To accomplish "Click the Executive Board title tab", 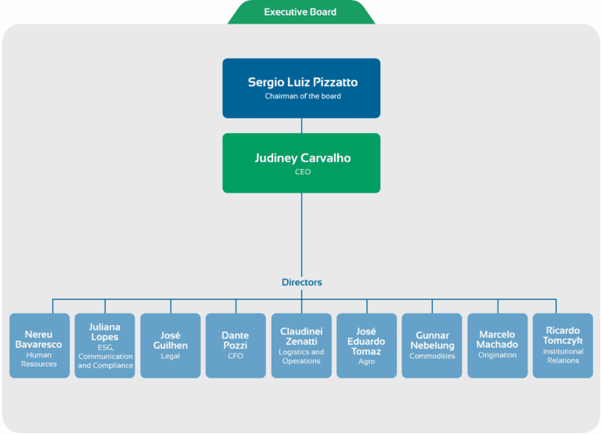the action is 301,12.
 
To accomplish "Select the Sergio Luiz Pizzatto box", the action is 301,89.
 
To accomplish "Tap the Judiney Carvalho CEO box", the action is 301,163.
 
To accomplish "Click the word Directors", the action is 301,283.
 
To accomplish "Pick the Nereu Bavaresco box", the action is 39,345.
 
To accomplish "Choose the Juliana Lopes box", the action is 105,345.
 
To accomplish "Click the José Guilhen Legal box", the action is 170,345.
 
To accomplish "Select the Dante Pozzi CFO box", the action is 236,345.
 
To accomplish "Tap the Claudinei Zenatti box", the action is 301,345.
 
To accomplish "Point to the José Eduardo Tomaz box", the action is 366,345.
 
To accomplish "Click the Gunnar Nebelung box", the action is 432,345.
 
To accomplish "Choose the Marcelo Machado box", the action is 498,345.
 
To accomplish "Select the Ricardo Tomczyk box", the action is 563,345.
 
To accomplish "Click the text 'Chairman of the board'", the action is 303,96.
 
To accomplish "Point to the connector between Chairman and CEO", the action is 301,126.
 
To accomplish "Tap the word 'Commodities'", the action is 432,356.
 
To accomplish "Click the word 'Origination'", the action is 497,356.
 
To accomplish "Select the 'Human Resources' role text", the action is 38,360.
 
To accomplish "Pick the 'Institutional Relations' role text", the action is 563,356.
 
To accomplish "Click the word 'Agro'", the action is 366,361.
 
